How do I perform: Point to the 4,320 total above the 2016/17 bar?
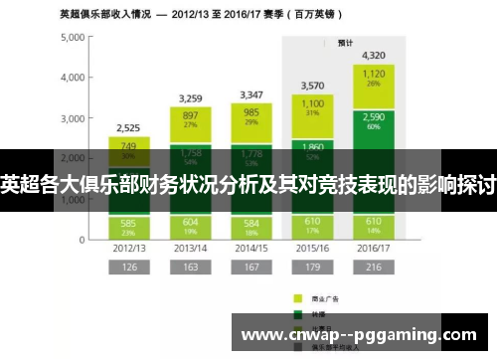pos(375,56)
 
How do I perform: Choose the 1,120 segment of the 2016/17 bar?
pos(375,79)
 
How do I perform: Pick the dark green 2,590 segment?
pos(375,120)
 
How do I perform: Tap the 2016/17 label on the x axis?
pos(375,247)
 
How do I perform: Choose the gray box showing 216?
pos(375,267)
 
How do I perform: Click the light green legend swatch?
pos(297,296)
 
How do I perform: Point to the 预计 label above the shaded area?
pos(345,43)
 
